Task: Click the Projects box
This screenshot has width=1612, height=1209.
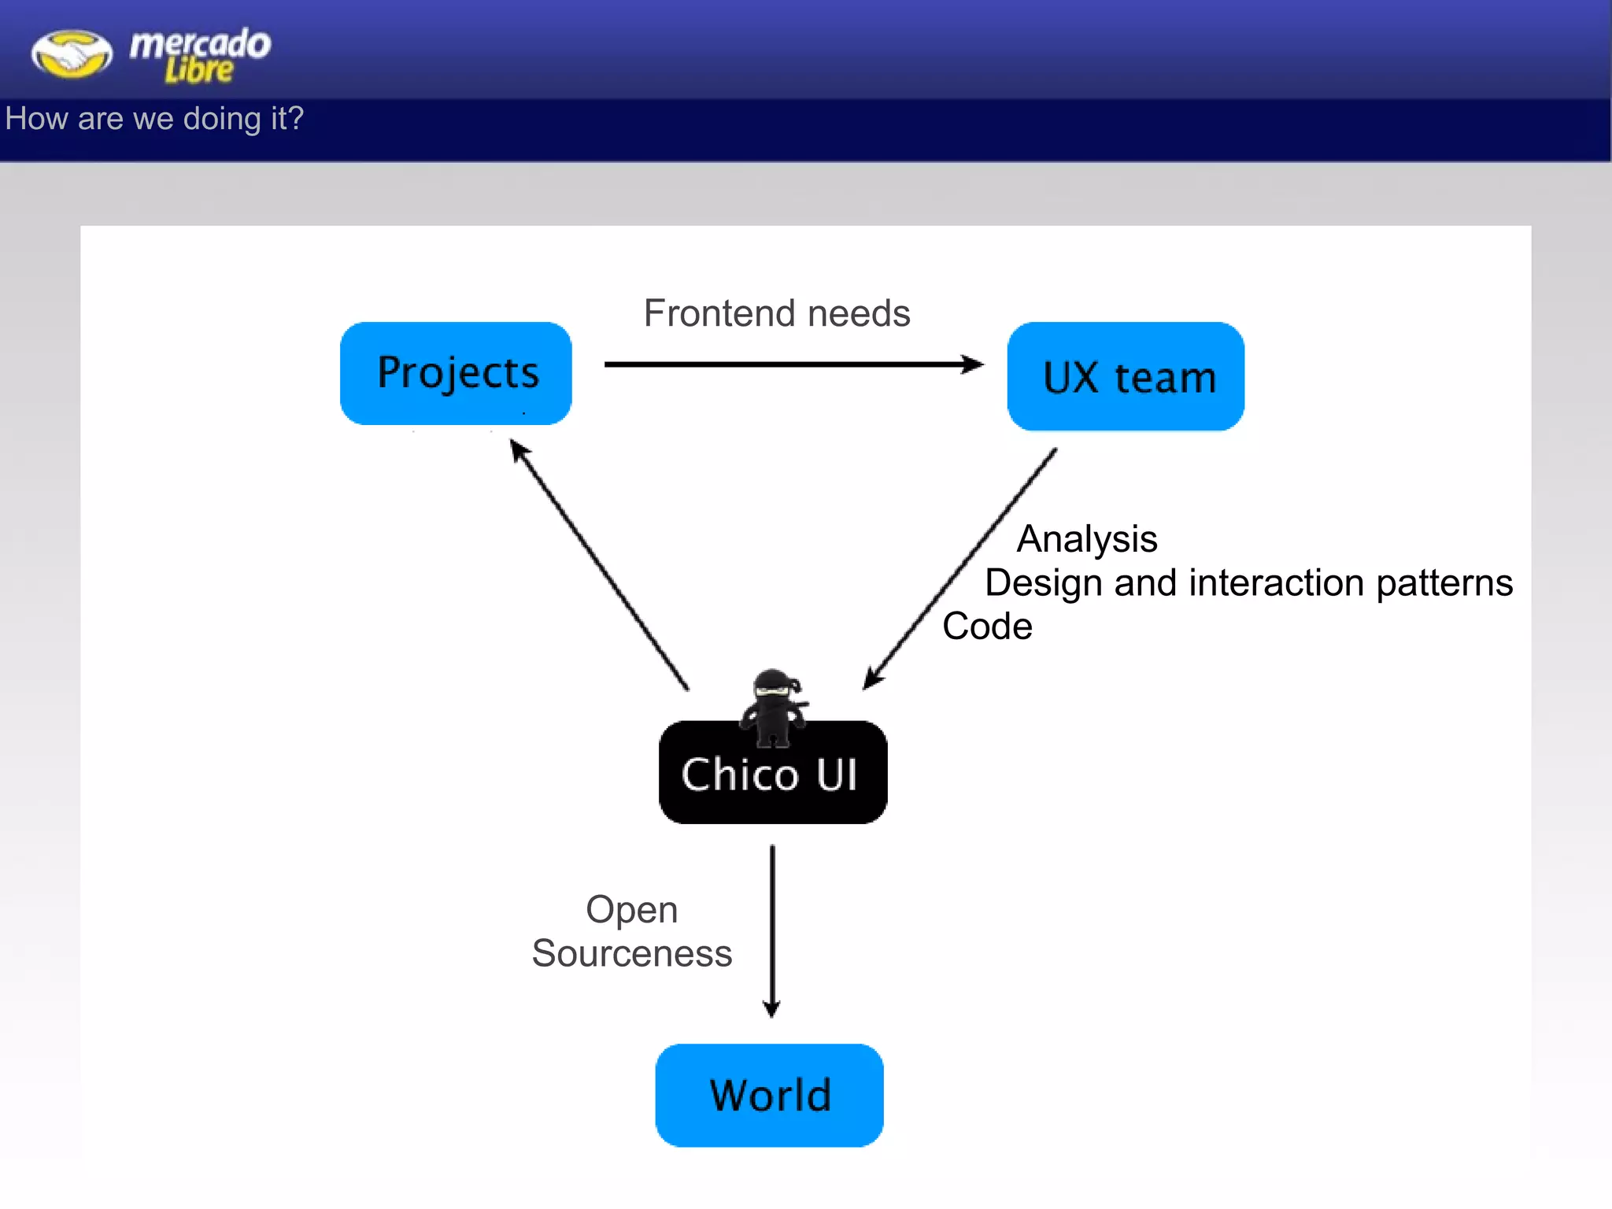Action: [x=456, y=373]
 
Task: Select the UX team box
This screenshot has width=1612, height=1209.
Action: [x=1126, y=376]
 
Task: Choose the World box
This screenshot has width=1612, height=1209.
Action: [x=769, y=1095]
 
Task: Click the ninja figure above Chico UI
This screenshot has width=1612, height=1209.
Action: [x=775, y=706]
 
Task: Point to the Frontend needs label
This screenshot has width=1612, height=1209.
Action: [x=777, y=313]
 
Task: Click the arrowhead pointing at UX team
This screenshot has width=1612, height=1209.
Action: [x=974, y=364]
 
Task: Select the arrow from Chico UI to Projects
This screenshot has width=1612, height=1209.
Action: [x=600, y=565]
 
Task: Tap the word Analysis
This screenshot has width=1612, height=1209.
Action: [x=1087, y=539]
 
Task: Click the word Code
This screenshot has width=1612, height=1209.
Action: [x=987, y=627]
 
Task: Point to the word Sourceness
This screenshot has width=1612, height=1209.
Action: [x=631, y=953]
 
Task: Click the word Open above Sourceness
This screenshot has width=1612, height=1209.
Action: [x=631, y=910]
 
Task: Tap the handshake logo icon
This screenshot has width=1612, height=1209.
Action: [x=72, y=54]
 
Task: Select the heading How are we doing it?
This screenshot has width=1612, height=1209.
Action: [x=154, y=119]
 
